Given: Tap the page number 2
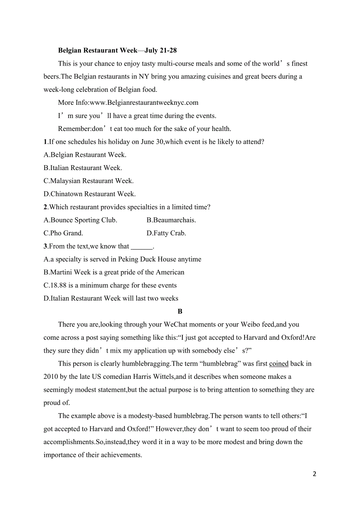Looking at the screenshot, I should click(314, 474).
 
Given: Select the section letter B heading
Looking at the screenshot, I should click(180, 312).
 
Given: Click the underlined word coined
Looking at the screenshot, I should click(279, 364).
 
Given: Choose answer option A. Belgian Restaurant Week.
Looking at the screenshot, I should click(85, 155).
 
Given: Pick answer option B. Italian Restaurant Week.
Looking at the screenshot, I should click(83, 168).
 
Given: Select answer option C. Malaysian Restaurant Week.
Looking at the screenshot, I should click(88, 181).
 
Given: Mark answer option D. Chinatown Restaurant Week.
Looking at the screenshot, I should click(90, 194).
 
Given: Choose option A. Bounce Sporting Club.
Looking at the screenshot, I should click(80, 220).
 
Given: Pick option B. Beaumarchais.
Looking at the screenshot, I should click(171, 220).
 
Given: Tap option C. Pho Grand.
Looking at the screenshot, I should click(63, 233).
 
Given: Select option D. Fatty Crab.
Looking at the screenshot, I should click(166, 233).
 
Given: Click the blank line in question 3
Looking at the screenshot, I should click(141, 247).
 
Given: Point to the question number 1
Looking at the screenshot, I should click(45, 142).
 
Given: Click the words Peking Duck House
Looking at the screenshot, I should click(147, 259).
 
